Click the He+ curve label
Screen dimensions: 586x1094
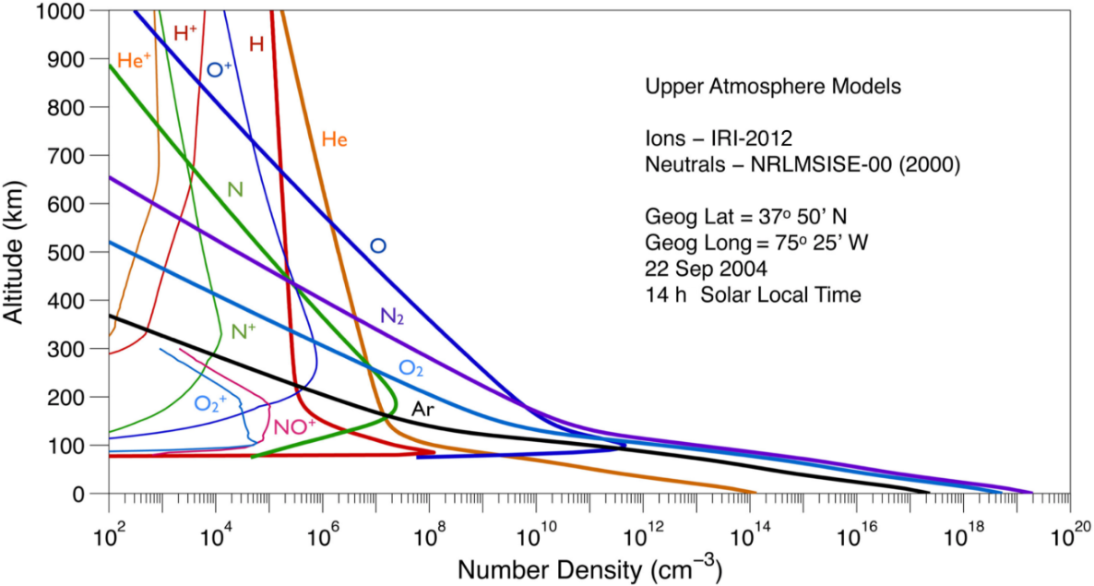click(x=134, y=61)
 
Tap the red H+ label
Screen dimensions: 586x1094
click(x=185, y=33)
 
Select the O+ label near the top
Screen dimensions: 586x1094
click(x=219, y=69)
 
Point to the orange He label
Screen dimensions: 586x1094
click(x=334, y=139)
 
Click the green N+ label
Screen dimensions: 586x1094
click(x=244, y=331)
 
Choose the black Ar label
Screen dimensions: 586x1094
click(x=422, y=409)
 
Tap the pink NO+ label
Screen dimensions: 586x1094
click(x=295, y=426)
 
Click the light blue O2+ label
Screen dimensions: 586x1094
click(x=211, y=403)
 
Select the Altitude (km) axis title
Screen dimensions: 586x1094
click(x=16, y=251)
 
